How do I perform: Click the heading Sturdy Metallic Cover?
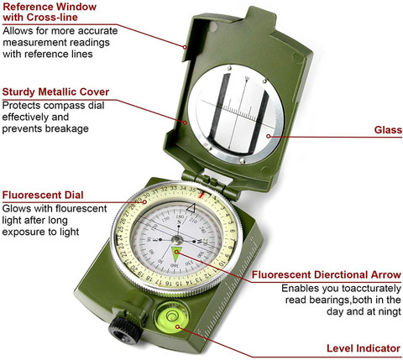(55, 91)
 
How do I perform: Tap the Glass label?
(388, 130)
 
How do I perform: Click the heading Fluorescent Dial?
(43, 195)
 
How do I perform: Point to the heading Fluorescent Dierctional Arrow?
(327, 274)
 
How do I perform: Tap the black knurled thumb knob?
(124, 331)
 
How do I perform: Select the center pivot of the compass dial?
(177, 240)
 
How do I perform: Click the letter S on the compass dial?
(179, 222)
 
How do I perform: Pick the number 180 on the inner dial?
(180, 217)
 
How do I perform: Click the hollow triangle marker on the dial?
(191, 208)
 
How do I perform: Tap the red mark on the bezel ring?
(201, 194)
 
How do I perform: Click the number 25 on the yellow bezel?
(121, 229)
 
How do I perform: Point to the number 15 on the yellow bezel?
(177, 283)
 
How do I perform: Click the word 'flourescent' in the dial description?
(81, 208)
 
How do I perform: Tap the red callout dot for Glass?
(269, 136)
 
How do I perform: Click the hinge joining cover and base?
(212, 182)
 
